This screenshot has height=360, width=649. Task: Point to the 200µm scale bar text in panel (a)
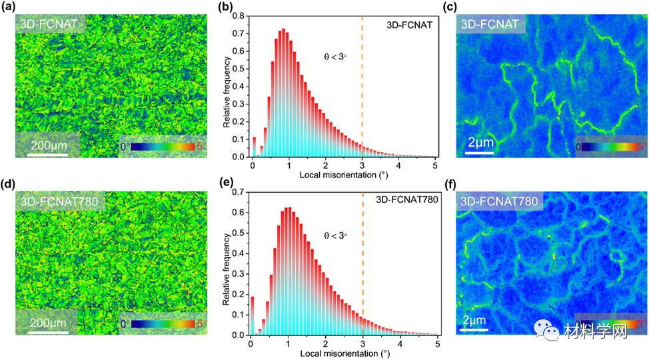click(x=48, y=144)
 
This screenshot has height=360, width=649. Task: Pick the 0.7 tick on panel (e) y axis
click(x=241, y=191)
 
